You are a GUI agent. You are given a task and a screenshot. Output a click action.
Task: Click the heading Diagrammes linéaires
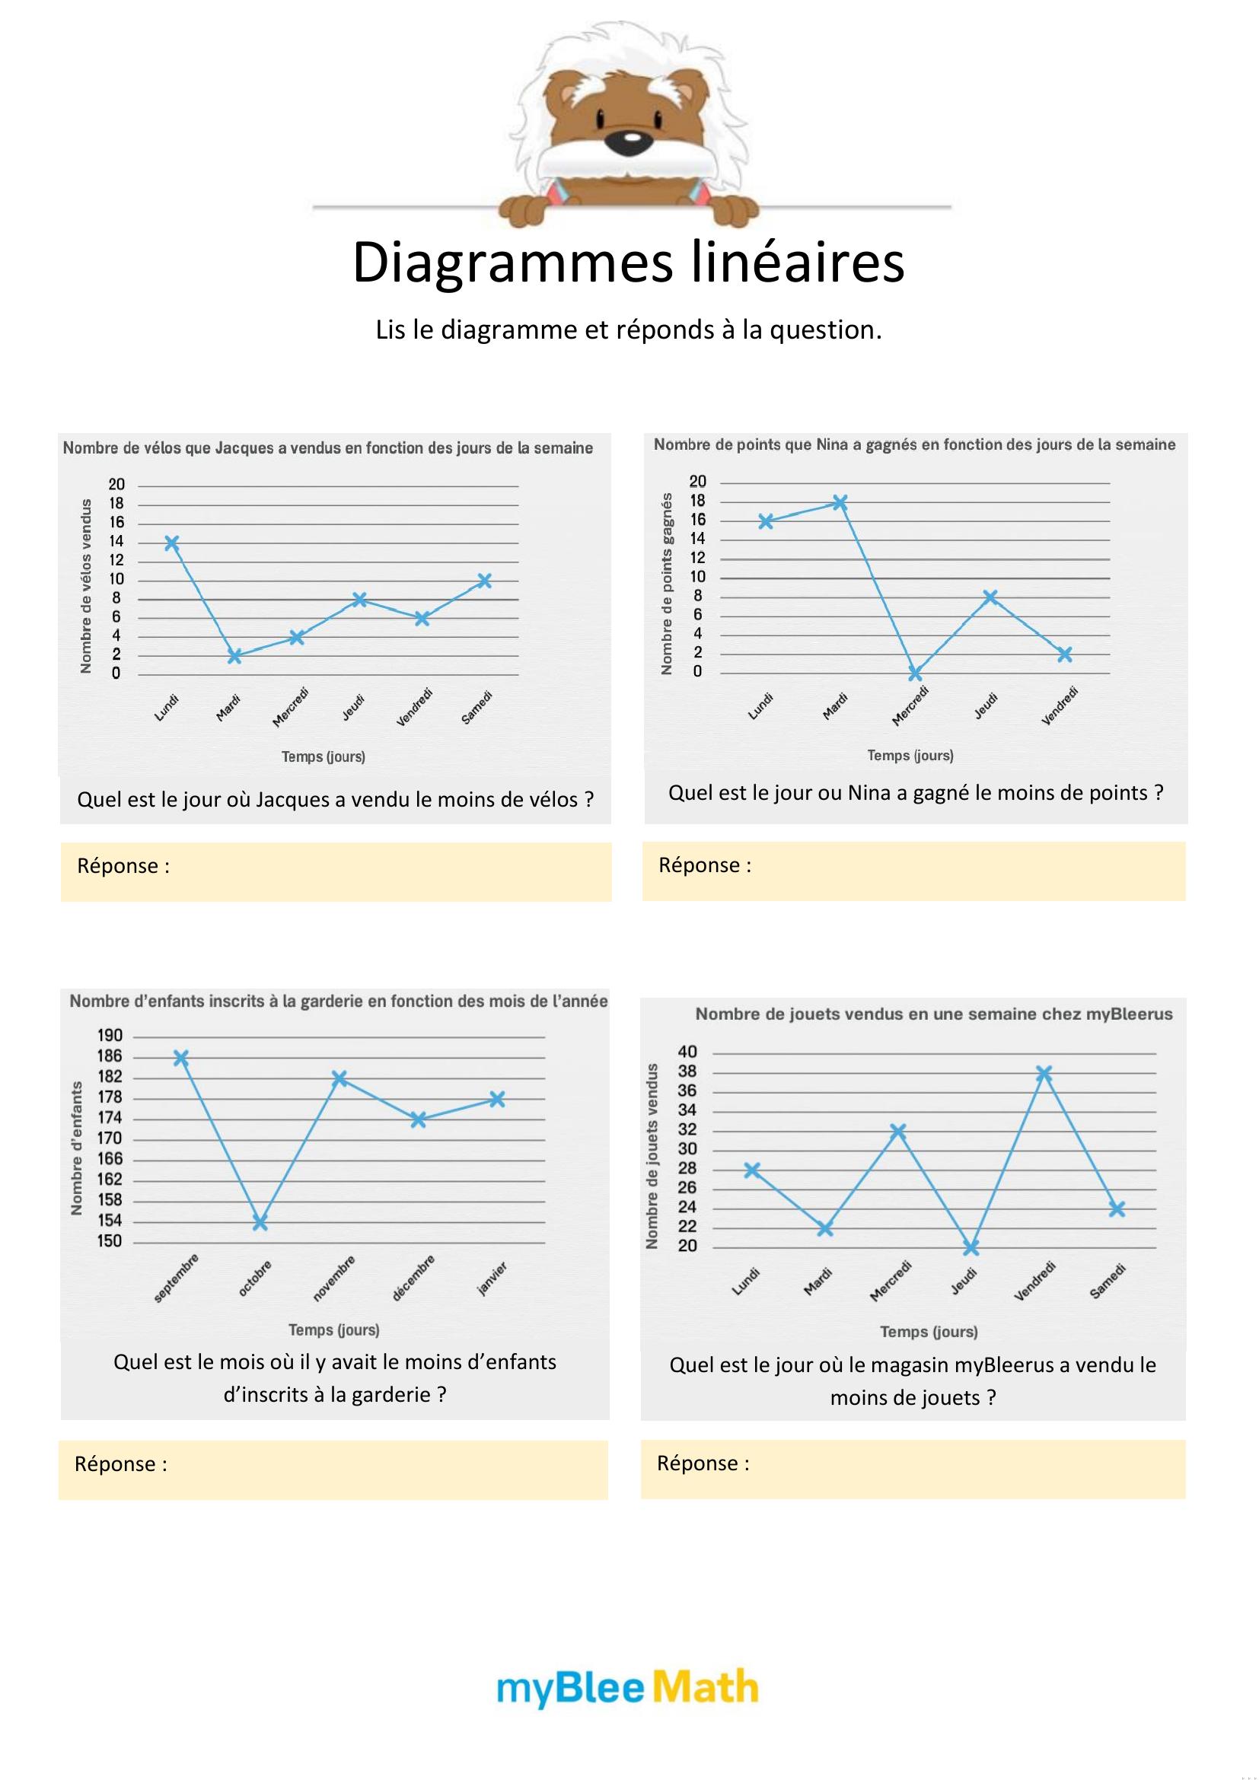click(628, 262)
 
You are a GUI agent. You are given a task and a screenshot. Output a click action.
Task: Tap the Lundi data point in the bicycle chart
click(172, 543)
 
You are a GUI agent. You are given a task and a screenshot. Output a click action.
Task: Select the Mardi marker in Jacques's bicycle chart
click(234, 657)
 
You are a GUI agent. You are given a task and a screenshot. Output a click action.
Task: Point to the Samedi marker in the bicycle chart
click(485, 581)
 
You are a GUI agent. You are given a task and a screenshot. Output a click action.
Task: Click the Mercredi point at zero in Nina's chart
click(916, 673)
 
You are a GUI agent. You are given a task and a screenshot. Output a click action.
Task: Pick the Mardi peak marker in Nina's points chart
click(840, 502)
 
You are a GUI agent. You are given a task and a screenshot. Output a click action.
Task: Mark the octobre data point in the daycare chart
click(260, 1223)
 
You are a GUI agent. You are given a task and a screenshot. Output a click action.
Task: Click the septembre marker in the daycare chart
click(181, 1058)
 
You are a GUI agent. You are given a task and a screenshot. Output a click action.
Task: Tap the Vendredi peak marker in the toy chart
click(1044, 1073)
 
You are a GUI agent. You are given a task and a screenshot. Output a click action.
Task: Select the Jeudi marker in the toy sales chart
click(971, 1247)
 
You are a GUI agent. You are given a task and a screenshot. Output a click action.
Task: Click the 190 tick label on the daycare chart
click(110, 1036)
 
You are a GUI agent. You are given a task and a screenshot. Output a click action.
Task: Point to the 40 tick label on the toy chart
click(687, 1052)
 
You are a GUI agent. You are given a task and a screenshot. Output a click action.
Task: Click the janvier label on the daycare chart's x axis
click(492, 1278)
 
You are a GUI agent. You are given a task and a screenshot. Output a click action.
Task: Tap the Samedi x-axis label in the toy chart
click(1107, 1282)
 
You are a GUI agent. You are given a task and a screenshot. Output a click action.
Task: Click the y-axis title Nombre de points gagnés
click(667, 583)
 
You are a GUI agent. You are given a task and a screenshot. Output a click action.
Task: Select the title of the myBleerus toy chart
click(933, 1014)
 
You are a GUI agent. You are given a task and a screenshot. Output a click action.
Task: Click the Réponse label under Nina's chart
click(705, 865)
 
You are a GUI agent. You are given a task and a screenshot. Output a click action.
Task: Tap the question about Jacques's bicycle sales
click(336, 799)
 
